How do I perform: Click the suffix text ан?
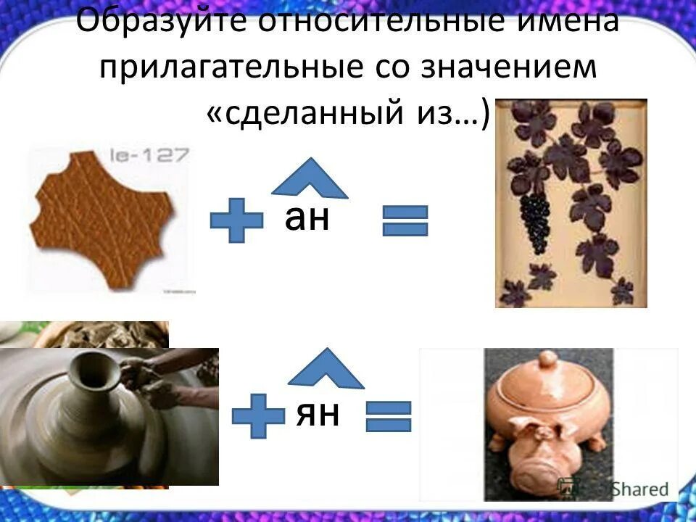[x=307, y=217]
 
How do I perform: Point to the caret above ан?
[x=310, y=178]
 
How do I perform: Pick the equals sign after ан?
[x=405, y=220]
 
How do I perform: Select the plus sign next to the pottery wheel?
[x=258, y=415]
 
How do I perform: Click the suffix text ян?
[x=318, y=413]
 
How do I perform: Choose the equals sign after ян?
[x=389, y=417]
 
